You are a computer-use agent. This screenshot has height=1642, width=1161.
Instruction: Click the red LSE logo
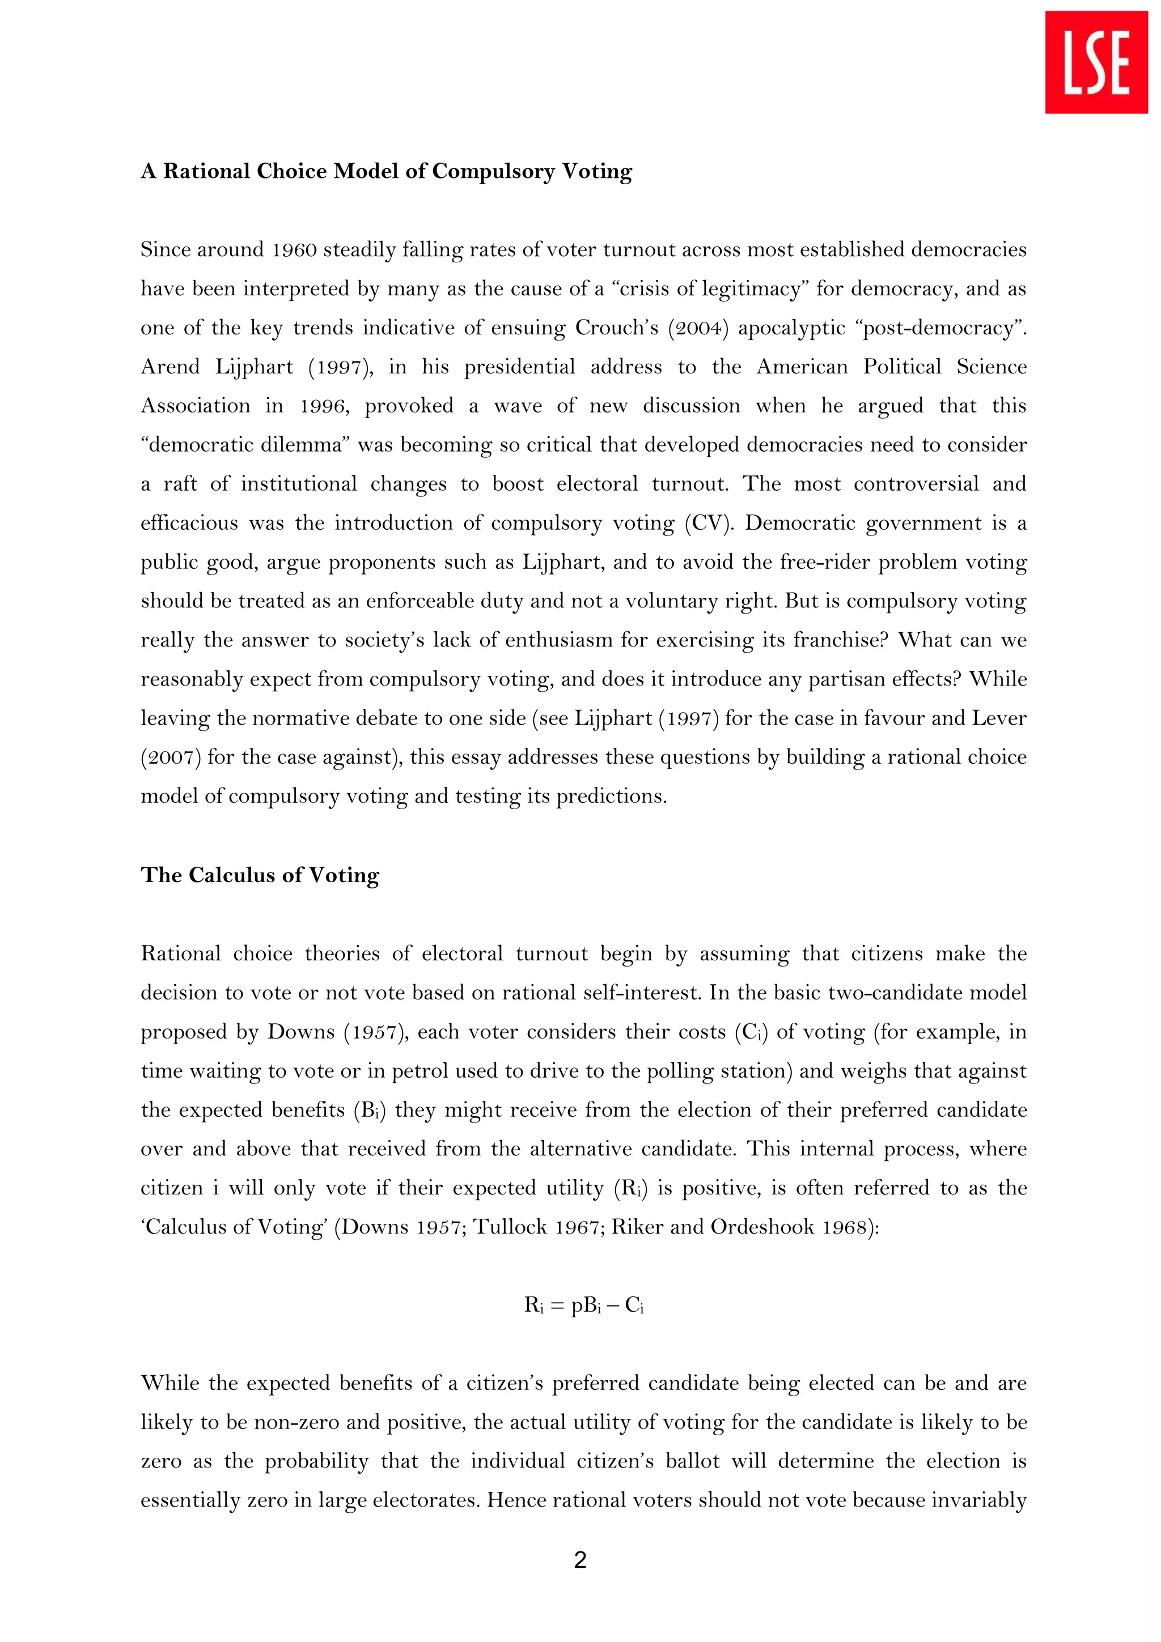click(1096, 62)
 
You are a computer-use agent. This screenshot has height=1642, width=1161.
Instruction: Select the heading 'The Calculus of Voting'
click(260, 875)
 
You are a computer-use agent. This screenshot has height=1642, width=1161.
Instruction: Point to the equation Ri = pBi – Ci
click(584, 1305)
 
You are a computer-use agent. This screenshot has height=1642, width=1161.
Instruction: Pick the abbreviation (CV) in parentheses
click(708, 523)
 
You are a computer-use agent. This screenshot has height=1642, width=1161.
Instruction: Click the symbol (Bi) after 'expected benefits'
click(369, 1110)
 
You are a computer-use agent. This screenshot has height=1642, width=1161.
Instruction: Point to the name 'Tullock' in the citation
click(510, 1227)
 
